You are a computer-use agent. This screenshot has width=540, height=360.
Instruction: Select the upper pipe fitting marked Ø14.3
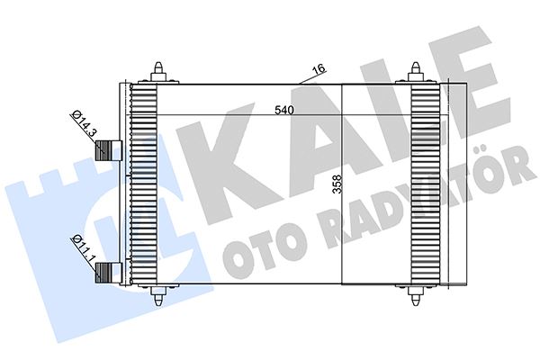coord(111,150)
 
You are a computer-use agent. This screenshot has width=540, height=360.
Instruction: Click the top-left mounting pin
coord(159,73)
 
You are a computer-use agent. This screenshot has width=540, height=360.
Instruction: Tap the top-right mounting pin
coord(418,73)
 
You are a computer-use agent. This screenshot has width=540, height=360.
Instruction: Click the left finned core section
coord(144,184)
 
